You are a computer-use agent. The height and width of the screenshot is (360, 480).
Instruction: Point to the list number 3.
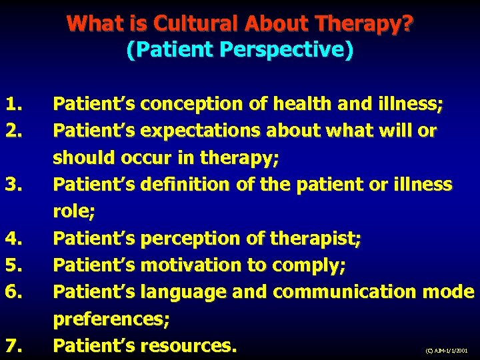point(13,184)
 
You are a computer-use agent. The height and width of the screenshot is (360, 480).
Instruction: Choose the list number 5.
point(13,265)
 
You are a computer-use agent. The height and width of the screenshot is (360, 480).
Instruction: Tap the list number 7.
point(13,345)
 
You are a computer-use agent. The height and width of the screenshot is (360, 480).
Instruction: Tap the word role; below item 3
point(74,211)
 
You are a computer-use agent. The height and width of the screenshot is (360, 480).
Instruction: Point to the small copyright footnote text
point(446,349)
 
